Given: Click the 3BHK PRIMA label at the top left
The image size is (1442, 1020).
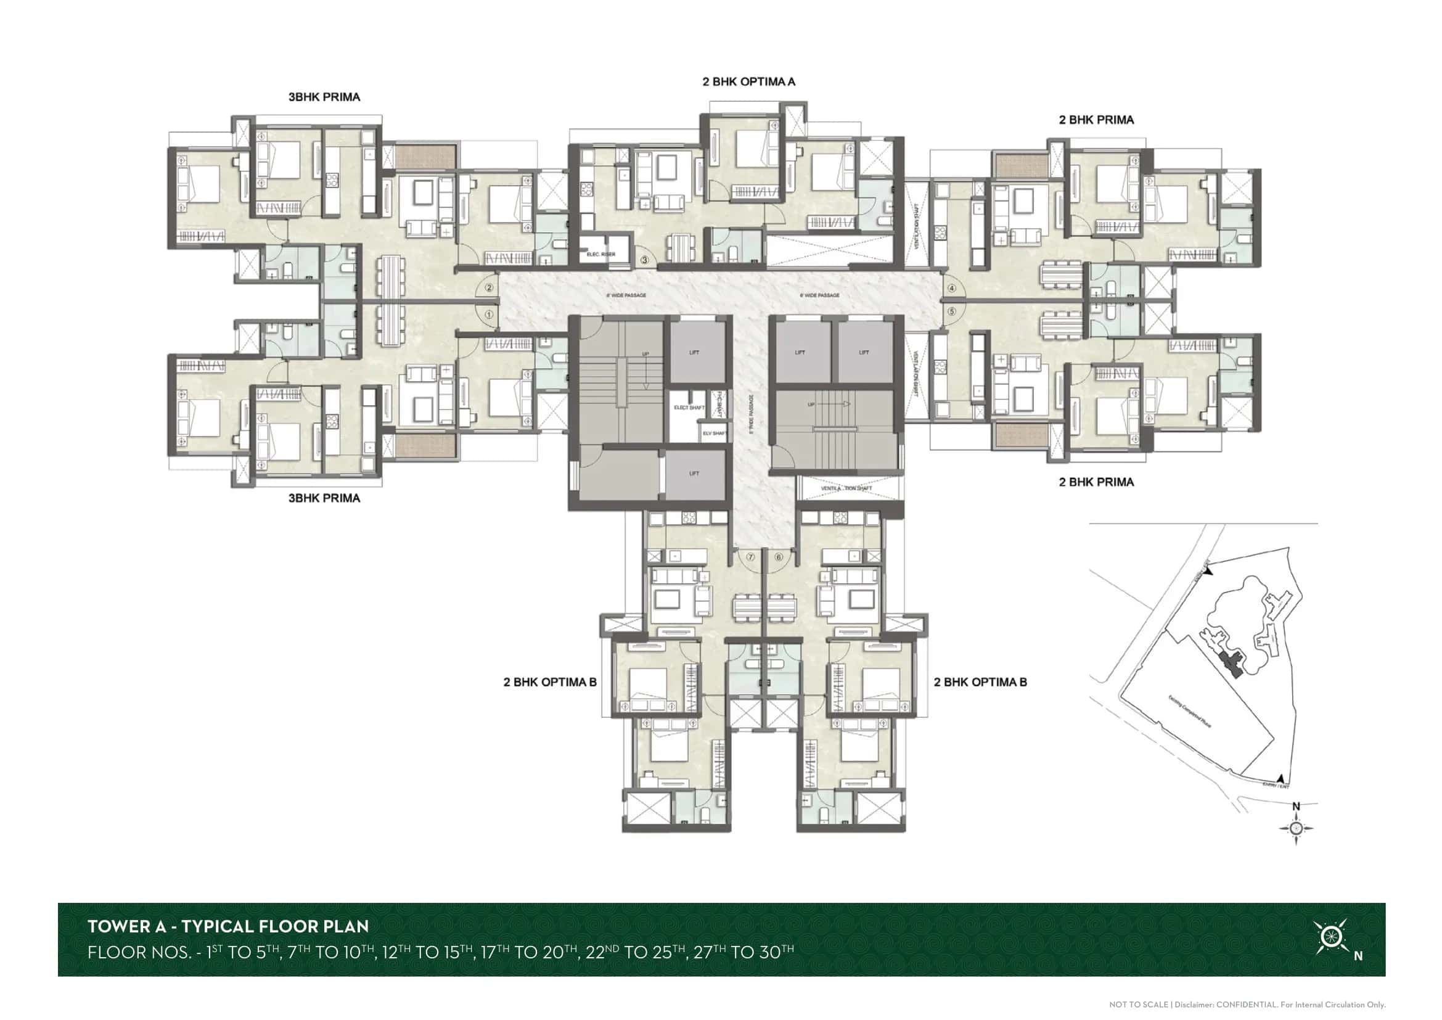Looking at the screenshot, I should point(324,97).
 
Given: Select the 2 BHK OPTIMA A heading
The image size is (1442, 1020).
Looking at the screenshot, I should point(748,81).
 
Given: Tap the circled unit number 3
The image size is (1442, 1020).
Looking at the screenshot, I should point(644,260).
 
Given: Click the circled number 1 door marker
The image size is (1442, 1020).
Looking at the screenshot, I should point(490,314).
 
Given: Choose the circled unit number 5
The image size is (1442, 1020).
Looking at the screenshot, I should point(951,311).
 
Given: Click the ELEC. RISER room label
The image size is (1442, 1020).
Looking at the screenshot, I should point(600,254).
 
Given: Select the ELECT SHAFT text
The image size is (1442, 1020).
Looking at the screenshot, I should point(689,408).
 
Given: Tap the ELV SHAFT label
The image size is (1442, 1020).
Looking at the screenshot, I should point(713,434).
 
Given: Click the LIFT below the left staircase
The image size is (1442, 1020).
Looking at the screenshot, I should point(694,474).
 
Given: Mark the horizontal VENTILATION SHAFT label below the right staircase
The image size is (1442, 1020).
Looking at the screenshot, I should point(846,488).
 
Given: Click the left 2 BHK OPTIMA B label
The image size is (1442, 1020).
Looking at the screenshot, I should point(549,682).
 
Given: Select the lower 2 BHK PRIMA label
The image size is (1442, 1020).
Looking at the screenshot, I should point(1096,482).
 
